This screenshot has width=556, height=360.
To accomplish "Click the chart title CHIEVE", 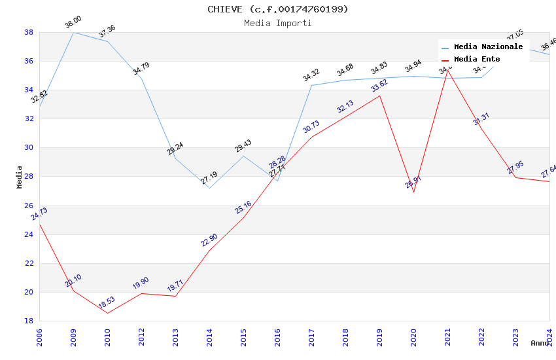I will pos(278,9).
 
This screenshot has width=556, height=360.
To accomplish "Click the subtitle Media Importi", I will pos(278,23).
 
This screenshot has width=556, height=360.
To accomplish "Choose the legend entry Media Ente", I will pos(477,59).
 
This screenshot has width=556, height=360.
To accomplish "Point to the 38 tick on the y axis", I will pos(29,32).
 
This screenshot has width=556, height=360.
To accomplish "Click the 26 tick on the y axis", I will pos(29,206).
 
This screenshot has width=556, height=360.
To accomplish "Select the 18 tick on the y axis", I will pos(29,321).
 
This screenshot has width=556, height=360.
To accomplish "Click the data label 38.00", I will pos(73,23).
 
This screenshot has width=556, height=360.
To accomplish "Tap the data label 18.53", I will pos(107,303).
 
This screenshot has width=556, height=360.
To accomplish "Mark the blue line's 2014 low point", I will pos(209,188).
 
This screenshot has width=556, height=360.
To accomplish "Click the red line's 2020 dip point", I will pos(413,192).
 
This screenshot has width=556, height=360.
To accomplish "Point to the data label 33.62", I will pos(379,86).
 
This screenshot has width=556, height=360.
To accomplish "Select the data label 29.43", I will pos(243,146).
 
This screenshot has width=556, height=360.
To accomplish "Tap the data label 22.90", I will pos(209,240).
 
